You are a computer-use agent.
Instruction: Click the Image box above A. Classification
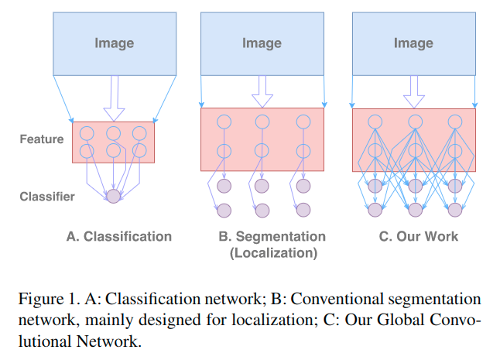click(x=114, y=43)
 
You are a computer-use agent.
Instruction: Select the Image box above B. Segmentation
click(x=262, y=43)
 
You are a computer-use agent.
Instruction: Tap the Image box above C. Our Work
click(x=413, y=43)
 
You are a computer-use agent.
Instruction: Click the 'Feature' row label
click(x=41, y=141)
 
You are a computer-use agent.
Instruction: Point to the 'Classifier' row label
click(x=47, y=197)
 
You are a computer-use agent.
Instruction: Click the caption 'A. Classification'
click(x=118, y=236)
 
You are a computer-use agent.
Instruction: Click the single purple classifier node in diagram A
click(x=114, y=197)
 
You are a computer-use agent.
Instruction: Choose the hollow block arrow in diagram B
click(x=262, y=91)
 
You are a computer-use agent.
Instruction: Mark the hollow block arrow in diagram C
click(x=414, y=91)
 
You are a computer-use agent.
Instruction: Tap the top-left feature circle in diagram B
click(x=224, y=122)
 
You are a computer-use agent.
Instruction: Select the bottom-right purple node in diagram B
click(x=303, y=210)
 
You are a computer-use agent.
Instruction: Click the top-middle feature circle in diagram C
click(x=415, y=122)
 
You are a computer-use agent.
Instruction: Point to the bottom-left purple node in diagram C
click(x=375, y=210)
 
